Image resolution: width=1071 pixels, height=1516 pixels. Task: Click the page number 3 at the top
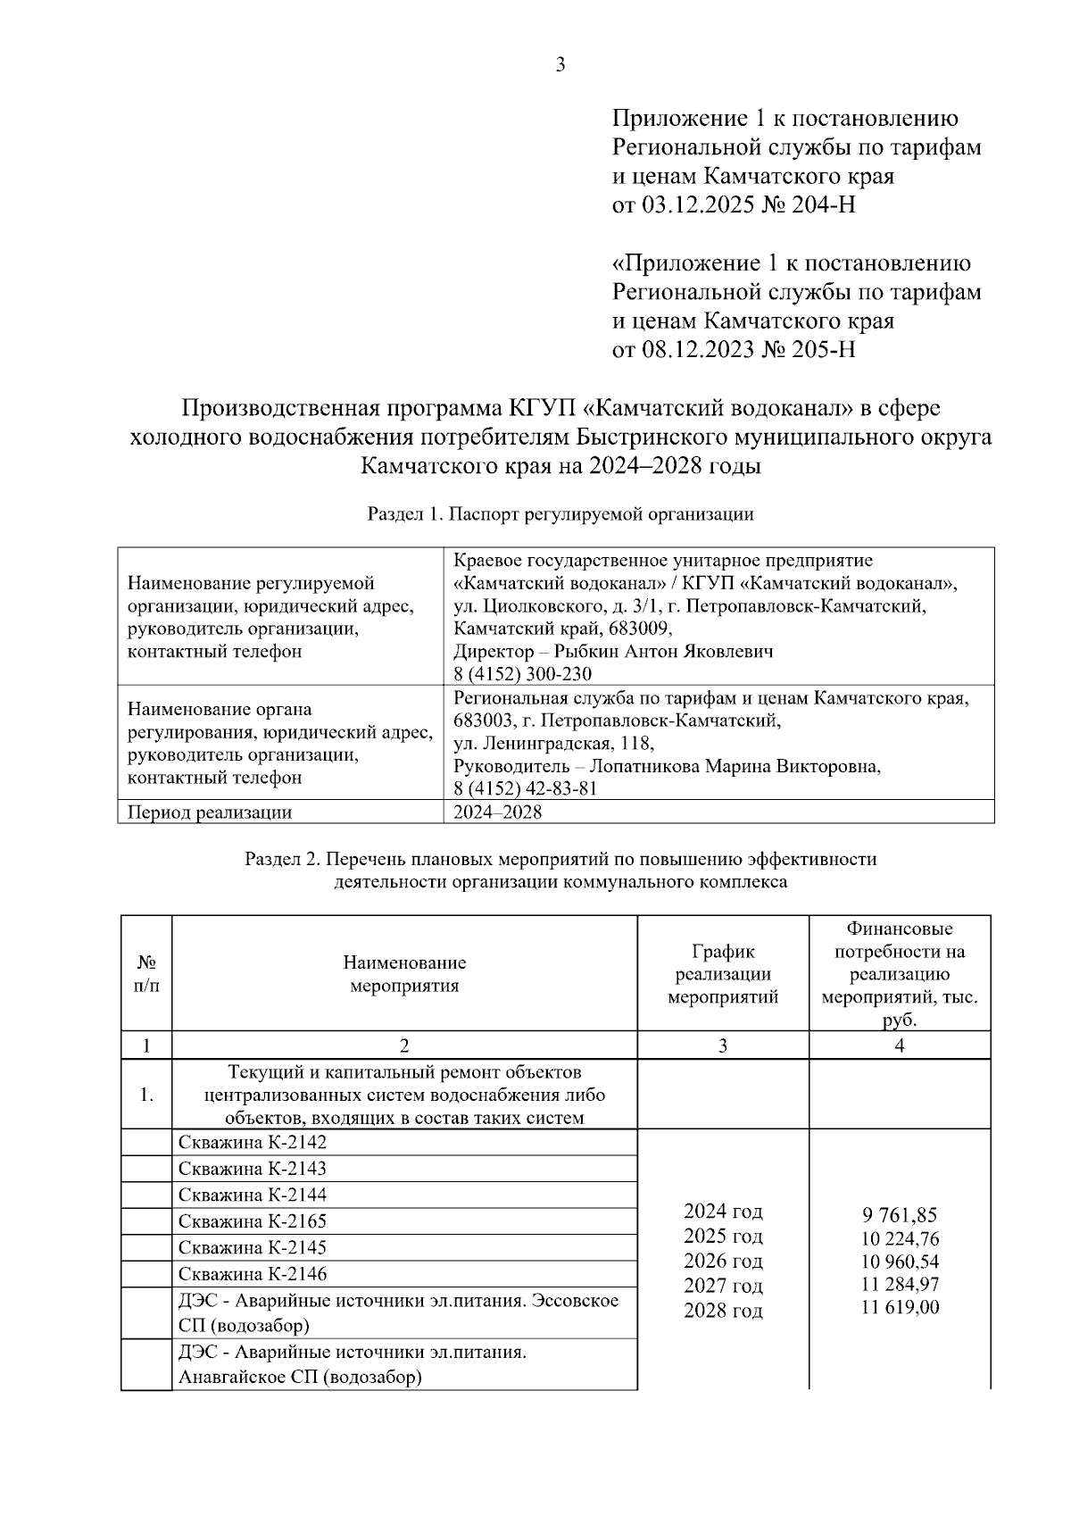pyautogui.click(x=560, y=64)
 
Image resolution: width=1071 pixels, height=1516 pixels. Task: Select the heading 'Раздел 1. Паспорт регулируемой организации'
pyautogui.click(x=560, y=514)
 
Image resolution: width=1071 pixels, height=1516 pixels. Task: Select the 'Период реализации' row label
pyautogui.click(x=210, y=812)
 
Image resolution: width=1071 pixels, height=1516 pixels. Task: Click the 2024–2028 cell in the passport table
pyautogui.click(x=497, y=812)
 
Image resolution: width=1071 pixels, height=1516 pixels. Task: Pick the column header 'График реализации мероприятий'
pyautogui.click(x=723, y=974)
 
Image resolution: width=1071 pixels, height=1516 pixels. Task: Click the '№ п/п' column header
pyautogui.click(x=146, y=974)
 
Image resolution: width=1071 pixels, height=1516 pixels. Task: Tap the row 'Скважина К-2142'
pyautogui.click(x=253, y=1143)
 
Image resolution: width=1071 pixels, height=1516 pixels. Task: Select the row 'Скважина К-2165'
pyautogui.click(x=253, y=1221)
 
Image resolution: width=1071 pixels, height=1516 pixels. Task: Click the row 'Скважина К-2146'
pyautogui.click(x=253, y=1274)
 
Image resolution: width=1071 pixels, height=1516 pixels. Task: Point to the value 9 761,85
pyautogui.click(x=900, y=1215)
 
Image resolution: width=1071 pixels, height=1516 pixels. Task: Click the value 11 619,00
pyautogui.click(x=900, y=1308)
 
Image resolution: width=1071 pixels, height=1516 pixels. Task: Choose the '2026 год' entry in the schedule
pyautogui.click(x=723, y=1262)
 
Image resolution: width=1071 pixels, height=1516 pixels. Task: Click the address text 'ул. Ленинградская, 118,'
pyautogui.click(x=553, y=743)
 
